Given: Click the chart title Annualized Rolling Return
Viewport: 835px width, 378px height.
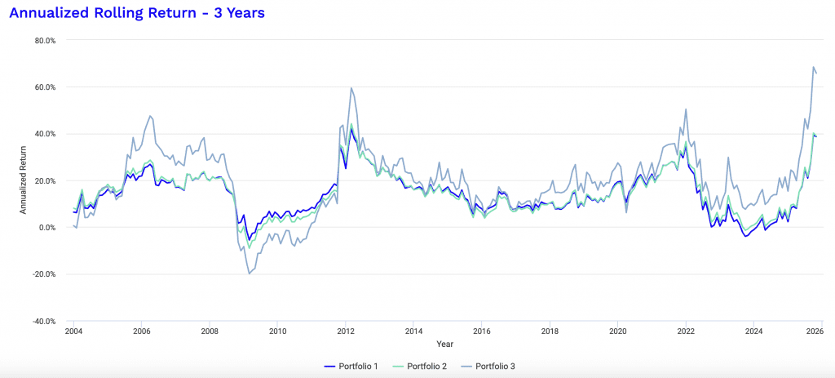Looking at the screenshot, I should coord(136,14).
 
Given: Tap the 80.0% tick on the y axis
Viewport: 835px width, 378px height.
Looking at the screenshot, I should coord(42,40).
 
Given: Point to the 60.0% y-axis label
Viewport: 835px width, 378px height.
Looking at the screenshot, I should coord(42,87).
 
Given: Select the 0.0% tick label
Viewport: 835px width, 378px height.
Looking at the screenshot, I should coord(43,228).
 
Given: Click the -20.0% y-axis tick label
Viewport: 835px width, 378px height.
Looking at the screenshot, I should coord(41,274).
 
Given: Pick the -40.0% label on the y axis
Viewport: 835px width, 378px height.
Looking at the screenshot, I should coord(41,321).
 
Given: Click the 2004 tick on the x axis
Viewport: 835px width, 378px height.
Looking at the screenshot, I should coord(73,332).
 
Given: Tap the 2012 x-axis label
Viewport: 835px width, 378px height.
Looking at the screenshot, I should coord(346,332).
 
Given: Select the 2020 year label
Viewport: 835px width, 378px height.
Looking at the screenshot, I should coord(618,332).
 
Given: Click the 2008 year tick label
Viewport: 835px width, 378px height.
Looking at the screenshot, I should coord(210,332).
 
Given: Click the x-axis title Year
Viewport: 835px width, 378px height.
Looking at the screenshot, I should coord(444,344).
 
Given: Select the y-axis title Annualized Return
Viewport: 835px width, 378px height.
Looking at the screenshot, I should coord(24,180).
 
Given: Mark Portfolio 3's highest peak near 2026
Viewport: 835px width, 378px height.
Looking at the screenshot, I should coord(813,67).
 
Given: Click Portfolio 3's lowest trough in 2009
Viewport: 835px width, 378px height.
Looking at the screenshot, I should coord(249,273).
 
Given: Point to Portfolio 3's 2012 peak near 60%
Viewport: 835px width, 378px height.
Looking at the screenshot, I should coord(351,87).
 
